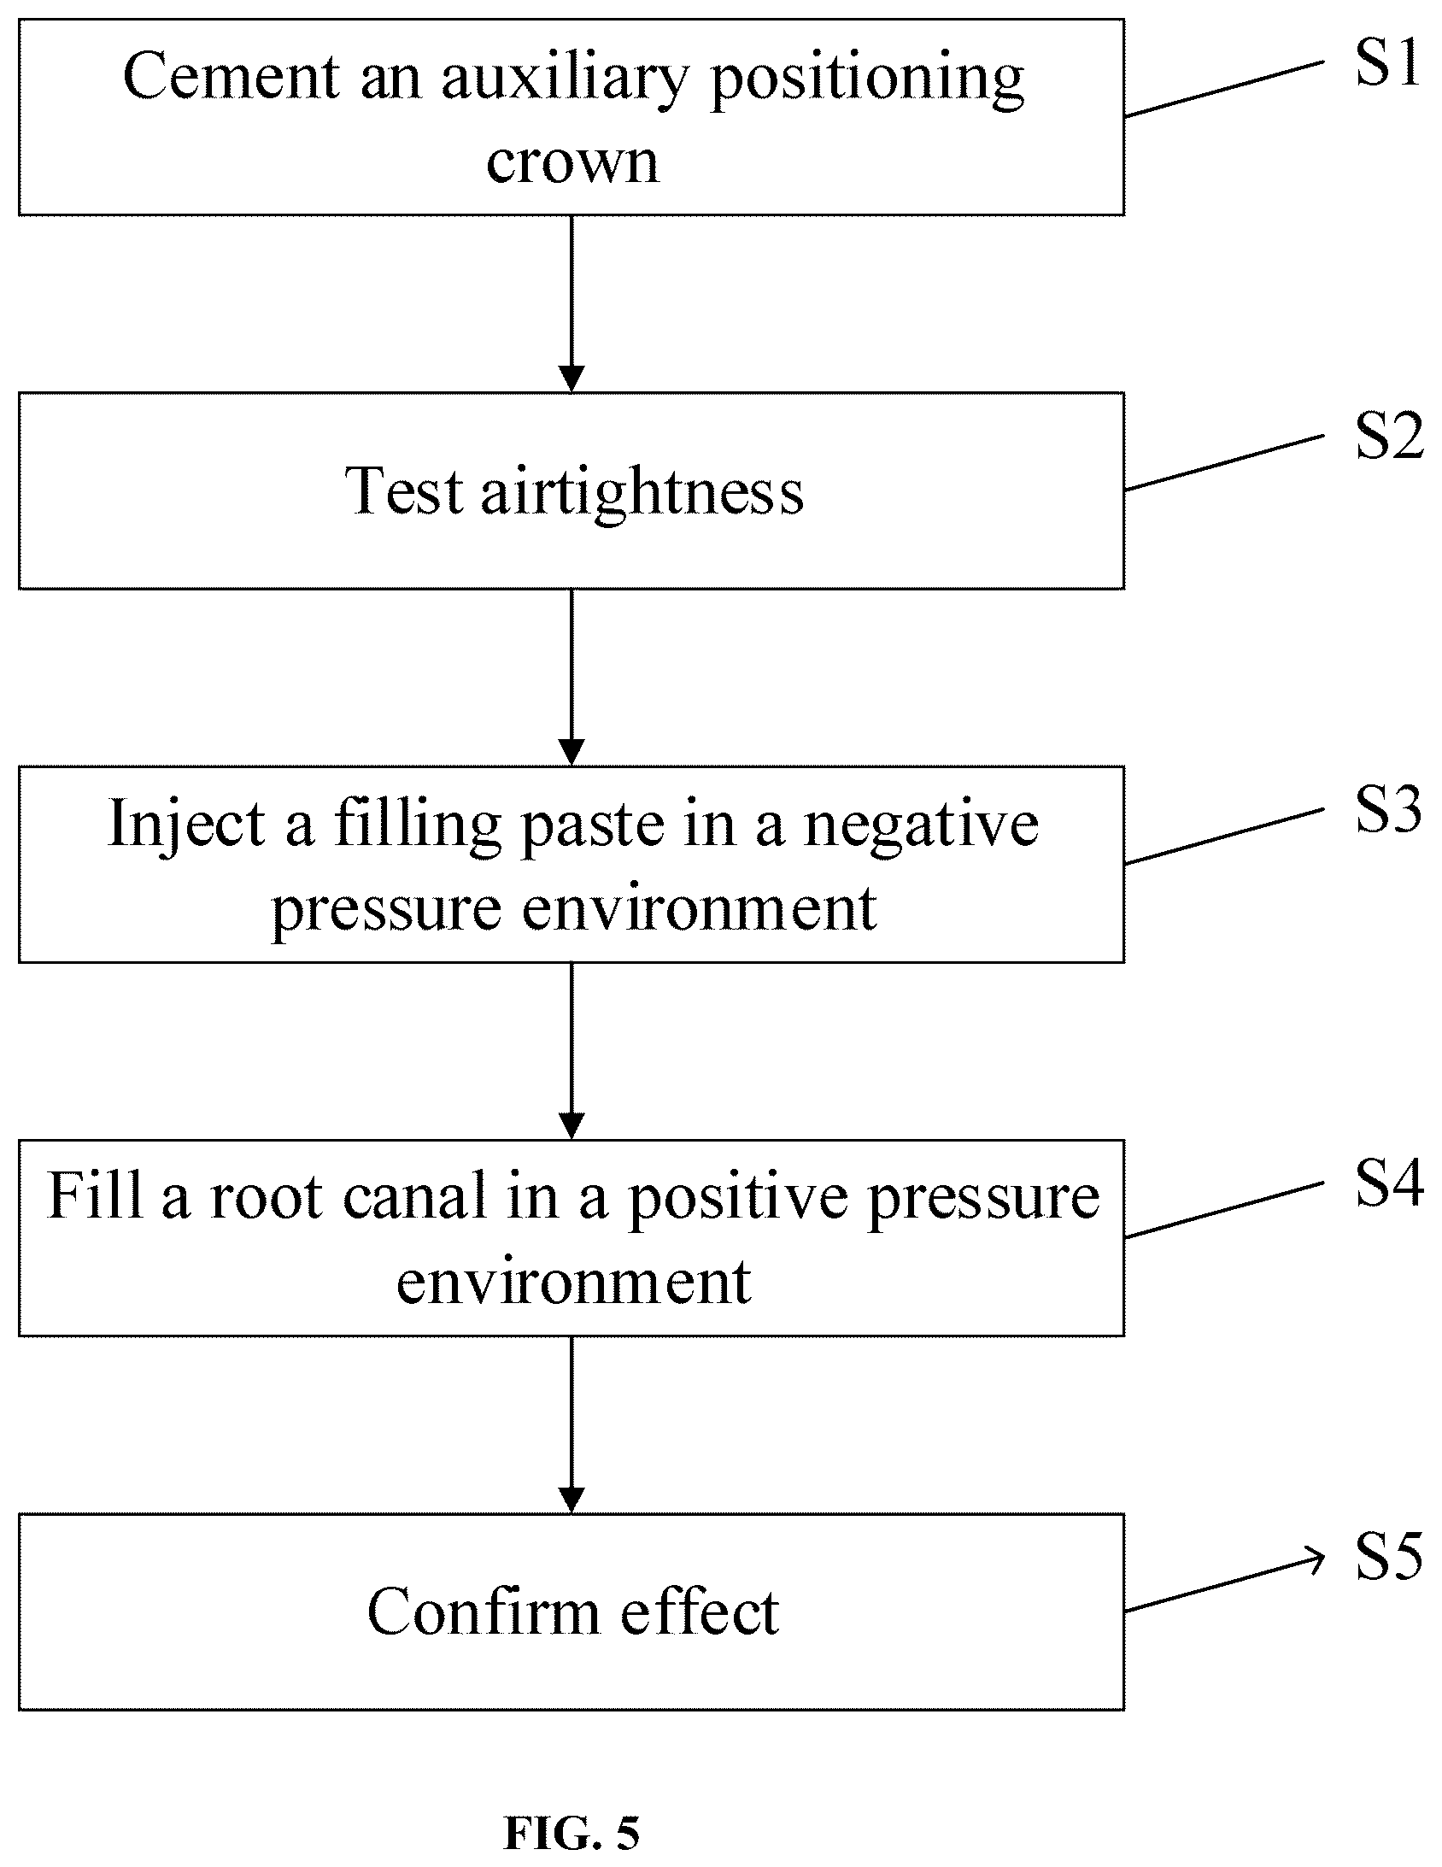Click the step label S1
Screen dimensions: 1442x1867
[x=1388, y=63]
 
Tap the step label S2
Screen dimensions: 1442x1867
[x=1389, y=437]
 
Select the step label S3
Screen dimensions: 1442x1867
[x=1389, y=809]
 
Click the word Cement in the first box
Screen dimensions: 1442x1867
[x=232, y=76]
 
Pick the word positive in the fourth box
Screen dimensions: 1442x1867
[x=742, y=1197]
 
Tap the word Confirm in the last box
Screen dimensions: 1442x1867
[x=483, y=1612]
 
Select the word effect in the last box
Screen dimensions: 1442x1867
[x=699, y=1612]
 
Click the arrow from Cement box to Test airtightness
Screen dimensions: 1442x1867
[x=571, y=303]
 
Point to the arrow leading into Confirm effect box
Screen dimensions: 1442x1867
[x=571, y=1424]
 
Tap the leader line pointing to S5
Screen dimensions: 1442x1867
[x=1224, y=1580]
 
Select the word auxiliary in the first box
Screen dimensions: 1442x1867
[x=564, y=76]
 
